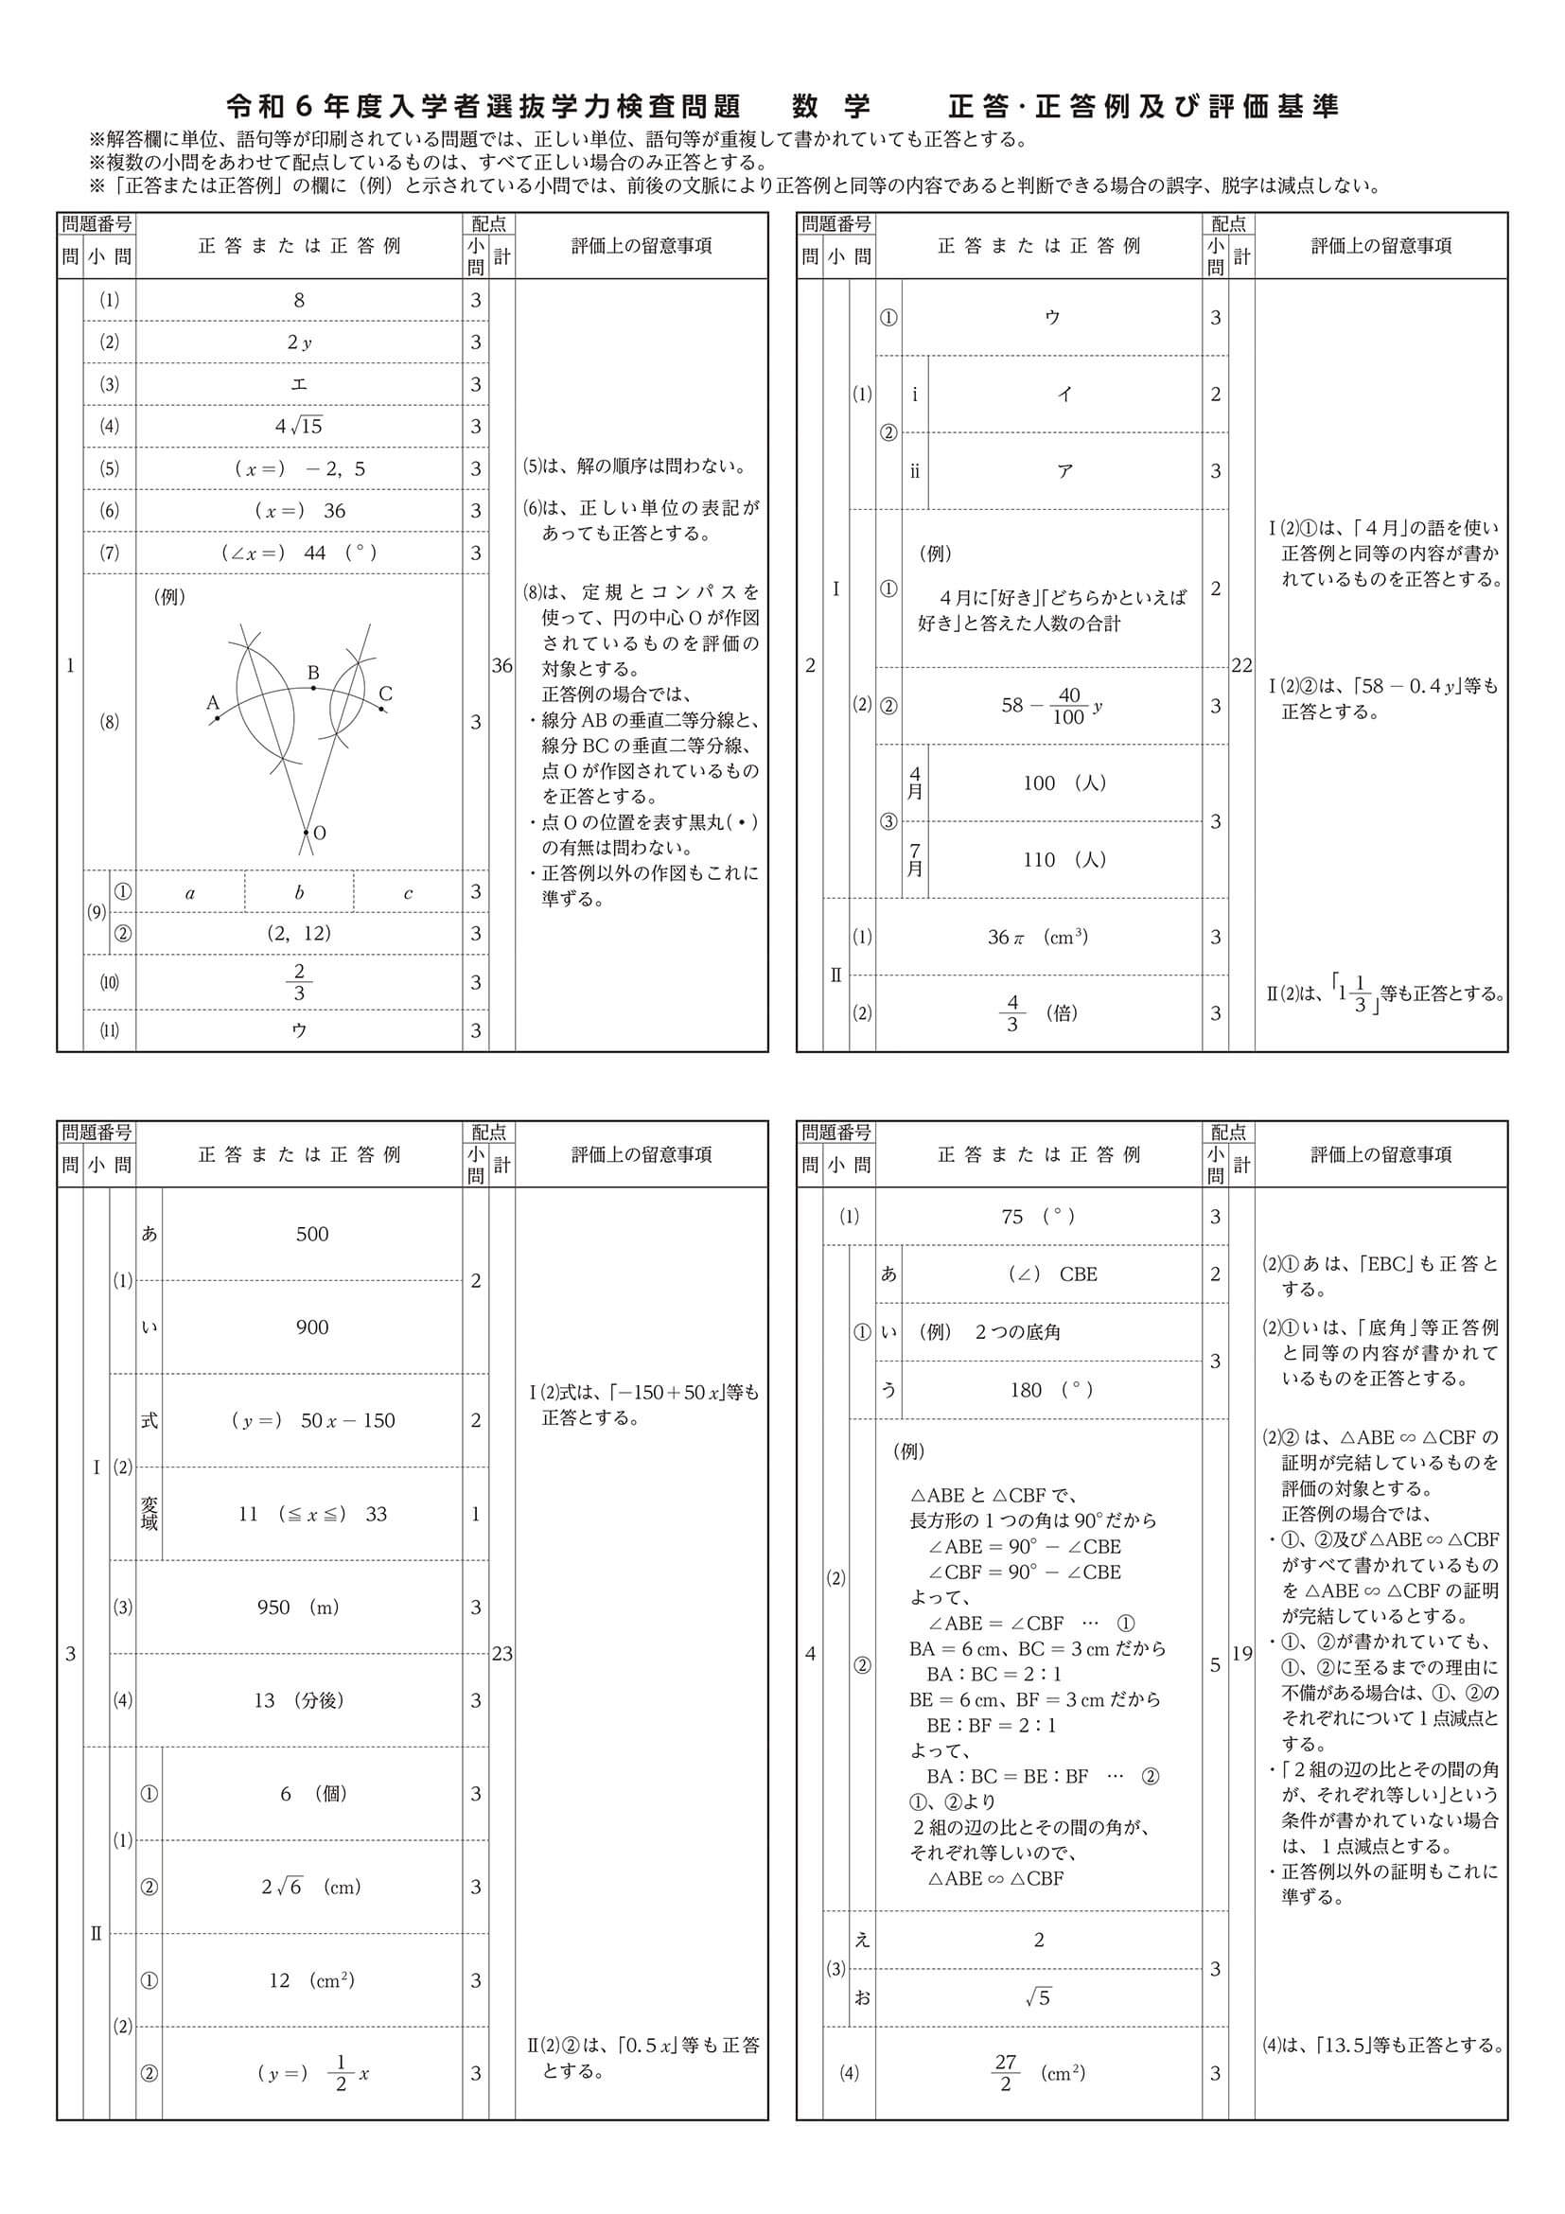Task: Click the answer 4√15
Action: [298, 425]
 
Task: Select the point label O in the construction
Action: [319, 834]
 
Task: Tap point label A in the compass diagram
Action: [213, 702]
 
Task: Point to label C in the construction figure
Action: [385, 694]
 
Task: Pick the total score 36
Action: [501, 665]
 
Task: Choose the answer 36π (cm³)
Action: [1038, 937]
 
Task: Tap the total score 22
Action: [1242, 665]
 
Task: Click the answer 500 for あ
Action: [312, 1234]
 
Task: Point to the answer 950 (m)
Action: [298, 1608]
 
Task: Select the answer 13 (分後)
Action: [298, 1700]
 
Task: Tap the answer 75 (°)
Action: [1038, 1217]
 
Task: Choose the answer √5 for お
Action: [1038, 1998]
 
